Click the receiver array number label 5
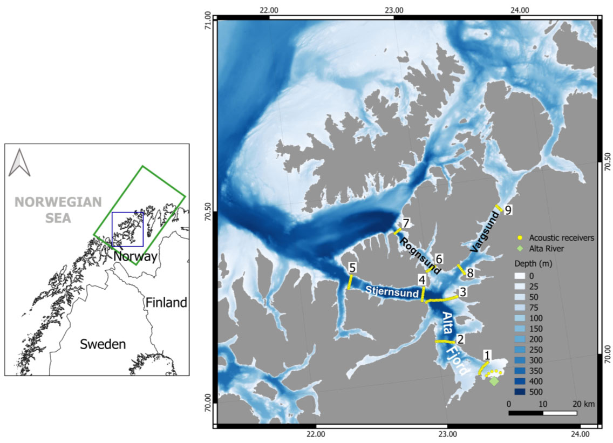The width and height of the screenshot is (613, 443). [352, 267]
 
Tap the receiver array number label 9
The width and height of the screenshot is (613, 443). [508, 210]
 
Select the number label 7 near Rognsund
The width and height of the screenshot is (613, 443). [406, 223]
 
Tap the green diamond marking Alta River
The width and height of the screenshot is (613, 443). [494, 381]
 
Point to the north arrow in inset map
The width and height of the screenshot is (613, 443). [19, 162]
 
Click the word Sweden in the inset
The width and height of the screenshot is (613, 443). [103, 344]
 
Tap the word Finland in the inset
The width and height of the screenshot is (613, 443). [166, 303]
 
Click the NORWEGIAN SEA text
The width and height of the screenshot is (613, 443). [58, 209]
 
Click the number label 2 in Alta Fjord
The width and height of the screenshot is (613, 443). [460, 339]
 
